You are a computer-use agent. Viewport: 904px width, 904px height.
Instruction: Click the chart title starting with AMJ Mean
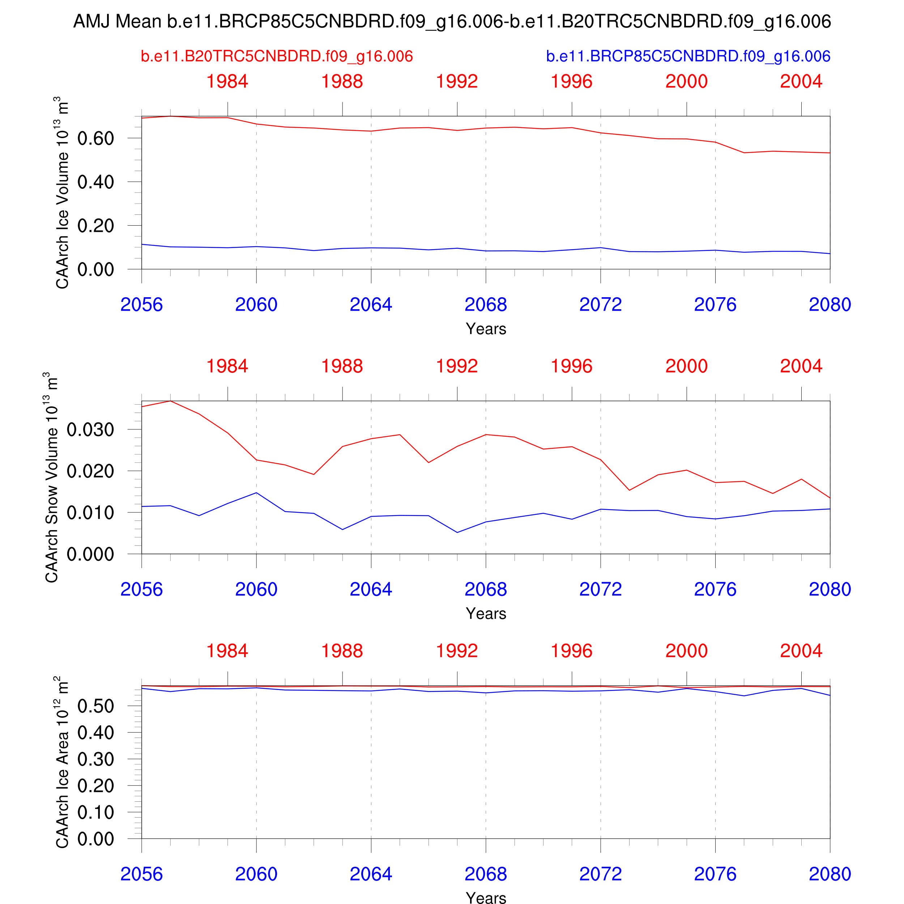tap(452, 22)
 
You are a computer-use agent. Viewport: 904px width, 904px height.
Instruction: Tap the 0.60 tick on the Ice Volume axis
tap(95, 138)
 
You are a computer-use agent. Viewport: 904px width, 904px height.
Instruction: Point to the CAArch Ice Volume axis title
tap(62, 193)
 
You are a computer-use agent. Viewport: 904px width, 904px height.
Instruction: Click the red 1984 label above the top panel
tap(227, 81)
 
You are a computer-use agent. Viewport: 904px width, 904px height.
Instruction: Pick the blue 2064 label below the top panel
tap(371, 304)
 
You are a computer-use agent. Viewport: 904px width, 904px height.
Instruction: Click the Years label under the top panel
tap(486, 329)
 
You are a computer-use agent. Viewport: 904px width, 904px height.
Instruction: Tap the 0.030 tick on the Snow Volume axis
tap(90, 430)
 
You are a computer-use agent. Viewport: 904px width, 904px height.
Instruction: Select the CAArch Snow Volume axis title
tap(51, 477)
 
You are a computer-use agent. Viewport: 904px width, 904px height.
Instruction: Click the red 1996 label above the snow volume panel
tap(571, 366)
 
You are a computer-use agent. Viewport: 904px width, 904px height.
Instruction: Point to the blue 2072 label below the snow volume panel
tap(600, 589)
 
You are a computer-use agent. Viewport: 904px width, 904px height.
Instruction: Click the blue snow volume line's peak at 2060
tap(256, 493)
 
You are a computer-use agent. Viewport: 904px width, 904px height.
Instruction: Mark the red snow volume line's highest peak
tap(170, 401)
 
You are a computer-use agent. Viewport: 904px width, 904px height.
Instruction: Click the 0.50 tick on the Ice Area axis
tap(95, 706)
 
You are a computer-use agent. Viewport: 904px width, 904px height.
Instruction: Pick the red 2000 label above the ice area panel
tap(686, 651)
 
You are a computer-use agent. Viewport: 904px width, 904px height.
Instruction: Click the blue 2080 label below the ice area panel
tap(830, 874)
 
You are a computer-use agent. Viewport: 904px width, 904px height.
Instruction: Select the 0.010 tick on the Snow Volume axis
tap(90, 512)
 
